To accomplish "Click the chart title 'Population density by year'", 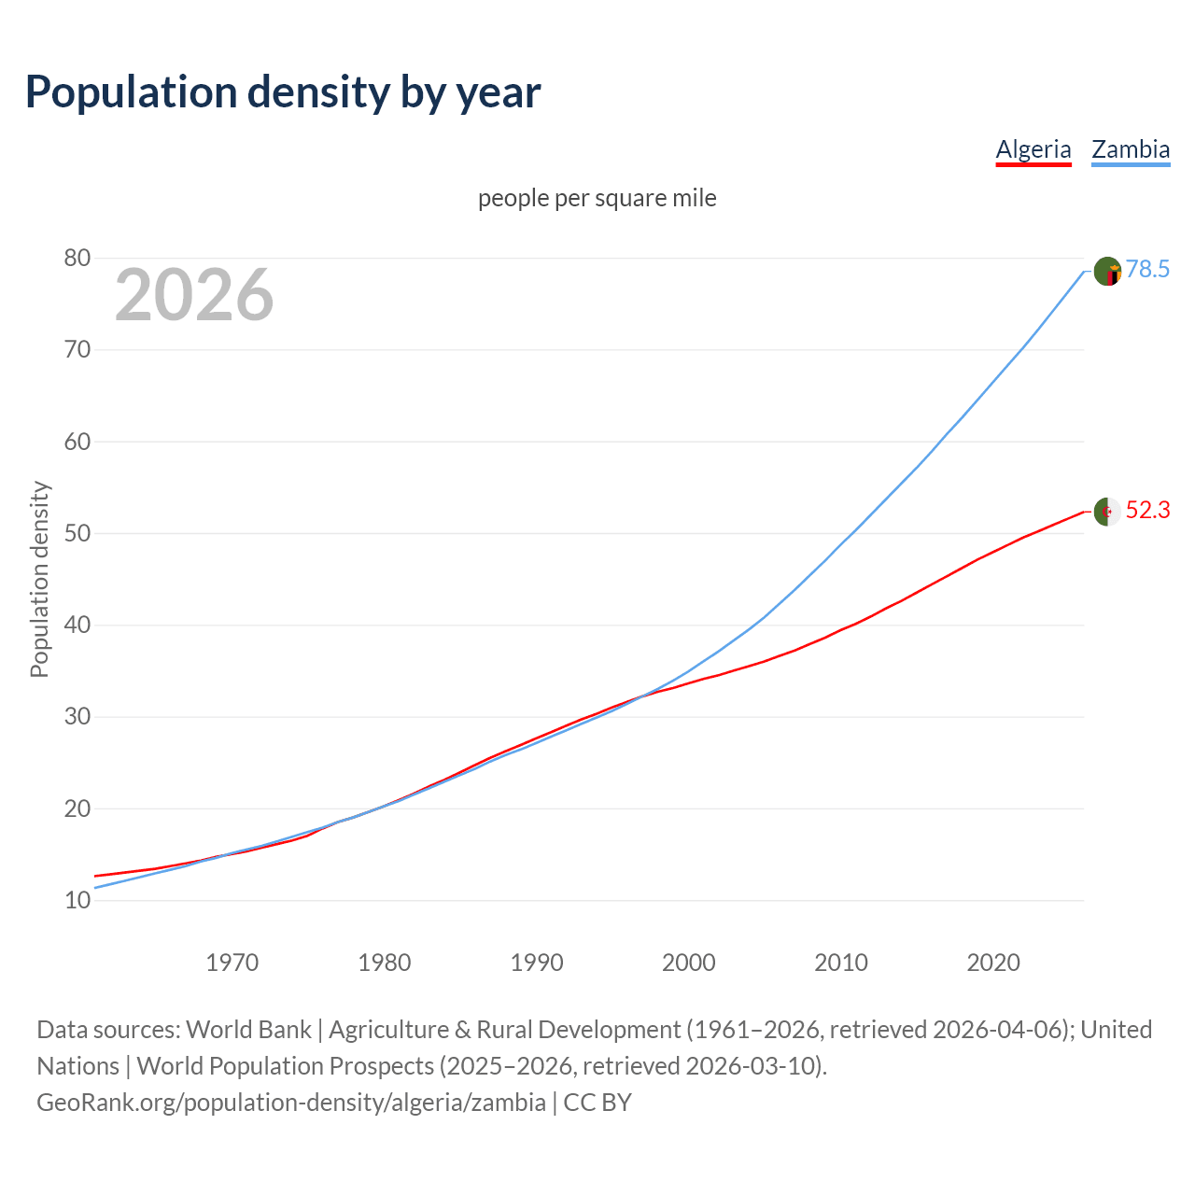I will [x=283, y=91].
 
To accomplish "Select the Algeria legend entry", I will [x=1033, y=149].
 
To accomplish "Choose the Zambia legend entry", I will [x=1131, y=149].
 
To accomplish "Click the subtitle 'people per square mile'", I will [x=597, y=198].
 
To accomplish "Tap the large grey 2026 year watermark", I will [x=194, y=295].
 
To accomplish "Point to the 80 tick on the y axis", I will [x=77, y=259].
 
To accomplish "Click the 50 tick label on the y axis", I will [x=77, y=533].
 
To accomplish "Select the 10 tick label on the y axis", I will [x=77, y=901].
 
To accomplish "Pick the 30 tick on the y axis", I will [x=77, y=717].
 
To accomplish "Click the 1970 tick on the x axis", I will [x=232, y=963].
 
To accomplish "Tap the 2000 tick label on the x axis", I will [x=689, y=963].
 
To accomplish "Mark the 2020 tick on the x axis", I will [x=993, y=963].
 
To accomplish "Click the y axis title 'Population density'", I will [x=39, y=579].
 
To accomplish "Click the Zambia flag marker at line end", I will [x=1107, y=271].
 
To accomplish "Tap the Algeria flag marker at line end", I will [x=1107, y=512].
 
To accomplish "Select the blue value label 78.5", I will [x=1147, y=270].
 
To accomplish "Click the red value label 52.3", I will [x=1147, y=511].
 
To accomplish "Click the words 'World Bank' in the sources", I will [x=248, y=1030].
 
